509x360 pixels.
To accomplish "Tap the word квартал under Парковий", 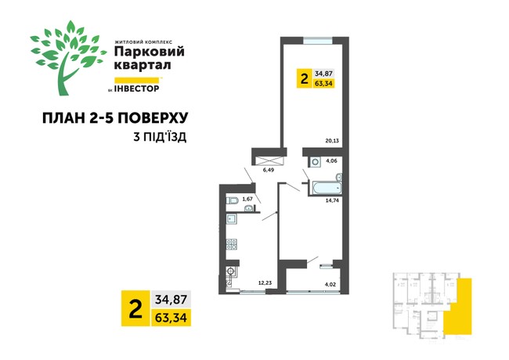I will (x=140, y=66).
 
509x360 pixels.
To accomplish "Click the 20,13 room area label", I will (x=333, y=142).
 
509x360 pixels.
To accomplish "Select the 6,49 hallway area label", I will (x=269, y=168).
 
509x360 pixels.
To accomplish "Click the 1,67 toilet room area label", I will (x=248, y=200).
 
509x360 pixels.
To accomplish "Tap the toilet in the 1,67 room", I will (x=232, y=201).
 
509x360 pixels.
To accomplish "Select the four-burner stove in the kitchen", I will (x=232, y=244).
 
